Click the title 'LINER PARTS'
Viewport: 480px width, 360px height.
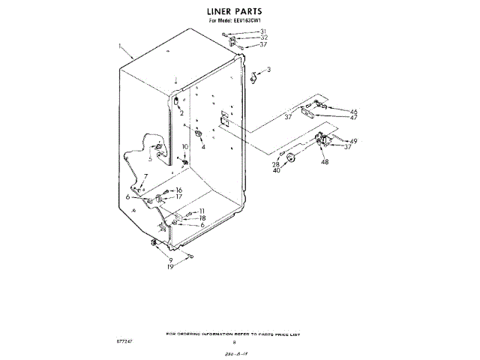[239, 12]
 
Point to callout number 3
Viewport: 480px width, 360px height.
[268, 70]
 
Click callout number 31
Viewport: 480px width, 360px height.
[263, 31]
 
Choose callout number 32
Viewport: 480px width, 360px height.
[263, 37]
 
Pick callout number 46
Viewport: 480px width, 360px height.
[353, 112]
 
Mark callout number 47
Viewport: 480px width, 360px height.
[353, 118]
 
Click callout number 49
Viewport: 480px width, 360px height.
[353, 140]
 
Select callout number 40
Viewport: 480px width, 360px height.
[275, 170]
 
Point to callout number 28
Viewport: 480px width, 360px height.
[275, 163]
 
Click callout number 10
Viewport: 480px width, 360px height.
[185, 146]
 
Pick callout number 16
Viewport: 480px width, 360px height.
[179, 190]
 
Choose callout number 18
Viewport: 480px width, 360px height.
[202, 217]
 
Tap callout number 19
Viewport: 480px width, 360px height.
[170, 266]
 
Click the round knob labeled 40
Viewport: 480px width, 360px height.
[291, 159]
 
